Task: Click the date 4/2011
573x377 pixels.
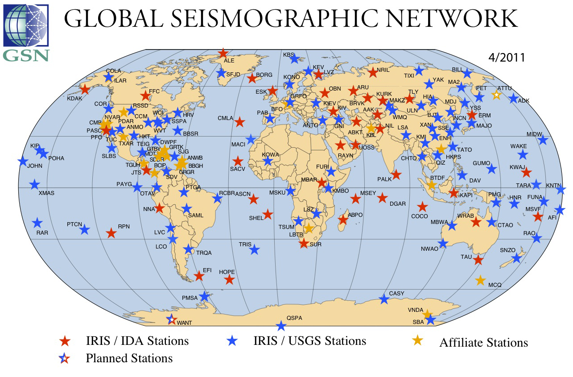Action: tap(506, 58)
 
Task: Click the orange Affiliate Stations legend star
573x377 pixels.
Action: tap(417, 340)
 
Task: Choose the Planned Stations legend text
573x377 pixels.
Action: tap(129, 358)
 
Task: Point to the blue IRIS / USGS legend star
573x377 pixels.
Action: tap(232, 341)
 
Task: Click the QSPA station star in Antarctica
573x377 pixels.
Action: tap(280, 326)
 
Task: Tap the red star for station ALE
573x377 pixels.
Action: tap(223, 54)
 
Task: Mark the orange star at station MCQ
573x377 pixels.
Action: tap(480, 281)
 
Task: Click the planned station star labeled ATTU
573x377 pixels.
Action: tap(496, 95)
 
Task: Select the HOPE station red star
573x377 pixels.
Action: tap(229, 280)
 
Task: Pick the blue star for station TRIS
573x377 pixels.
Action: tap(255, 250)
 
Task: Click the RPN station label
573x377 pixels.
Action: tap(124, 227)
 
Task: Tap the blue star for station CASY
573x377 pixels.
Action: tap(383, 299)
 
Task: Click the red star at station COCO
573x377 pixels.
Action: tap(422, 207)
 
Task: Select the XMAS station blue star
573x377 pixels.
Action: tap(34, 184)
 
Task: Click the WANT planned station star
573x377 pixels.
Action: tap(171, 319)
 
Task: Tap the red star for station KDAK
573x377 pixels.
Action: tap(85, 89)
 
